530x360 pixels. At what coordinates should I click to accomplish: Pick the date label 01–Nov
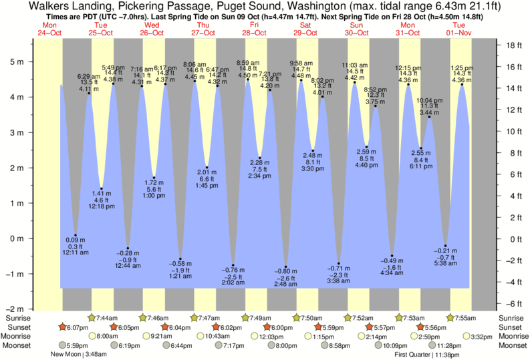[x=461, y=31]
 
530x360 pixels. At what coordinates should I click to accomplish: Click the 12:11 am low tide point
[x=76, y=235]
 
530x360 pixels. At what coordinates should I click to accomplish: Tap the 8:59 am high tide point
[x=248, y=80]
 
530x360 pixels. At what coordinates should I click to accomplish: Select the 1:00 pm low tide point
[x=154, y=178]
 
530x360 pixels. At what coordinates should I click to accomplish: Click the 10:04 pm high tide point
[x=430, y=117]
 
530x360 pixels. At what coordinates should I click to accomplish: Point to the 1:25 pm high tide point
[x=462, y=85]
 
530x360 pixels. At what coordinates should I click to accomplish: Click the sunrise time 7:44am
[x=106, y=318]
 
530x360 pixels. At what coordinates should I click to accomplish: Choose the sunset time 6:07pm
[x=78, y=327]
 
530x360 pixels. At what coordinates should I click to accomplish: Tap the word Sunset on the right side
[x=511, y=327]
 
